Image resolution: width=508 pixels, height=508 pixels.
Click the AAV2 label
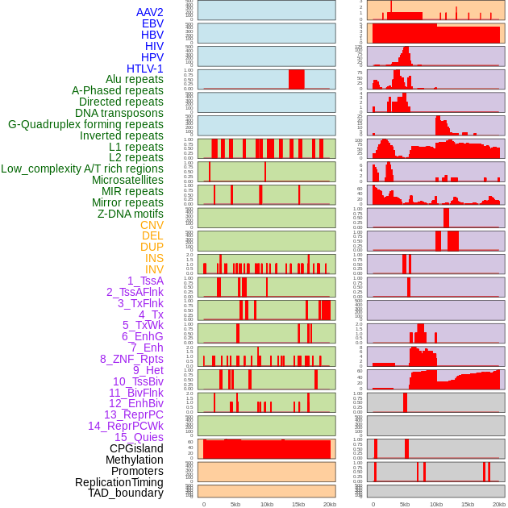(x=149, y=12)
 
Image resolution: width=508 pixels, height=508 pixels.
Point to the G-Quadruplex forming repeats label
(x=85, y=124)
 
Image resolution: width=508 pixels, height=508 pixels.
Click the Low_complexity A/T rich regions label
(x=81, y=169)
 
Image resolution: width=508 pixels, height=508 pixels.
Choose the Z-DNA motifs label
(x=130, y=214)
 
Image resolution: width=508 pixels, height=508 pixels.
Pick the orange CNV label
(x=152, y=225)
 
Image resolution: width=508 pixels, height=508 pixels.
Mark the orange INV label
(x=153, y=269)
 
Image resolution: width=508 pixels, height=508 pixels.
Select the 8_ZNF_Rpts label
(x=131, y=359)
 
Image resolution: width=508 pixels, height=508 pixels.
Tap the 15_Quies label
(x=138, y=437)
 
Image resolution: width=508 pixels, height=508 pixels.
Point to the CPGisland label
(x=136, y=448)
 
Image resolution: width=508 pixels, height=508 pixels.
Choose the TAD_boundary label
(x=125, y=493)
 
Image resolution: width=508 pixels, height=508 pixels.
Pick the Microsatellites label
(x=127, y=180)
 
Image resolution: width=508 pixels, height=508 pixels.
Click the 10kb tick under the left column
(x=266, y=504)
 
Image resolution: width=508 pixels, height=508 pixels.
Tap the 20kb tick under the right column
(x=499, y=504)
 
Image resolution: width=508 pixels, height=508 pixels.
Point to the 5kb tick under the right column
(x=405, y=504)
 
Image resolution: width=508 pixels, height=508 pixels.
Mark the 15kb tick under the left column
(x=298, y=504)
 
